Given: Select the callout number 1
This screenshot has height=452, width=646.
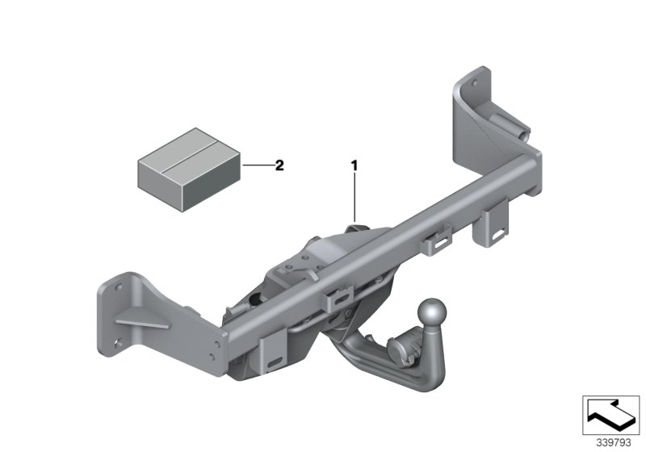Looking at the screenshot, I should click(354, 165).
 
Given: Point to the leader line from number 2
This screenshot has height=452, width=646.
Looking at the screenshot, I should click(257, 165).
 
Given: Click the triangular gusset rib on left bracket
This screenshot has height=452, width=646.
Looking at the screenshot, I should click(143, 323).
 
